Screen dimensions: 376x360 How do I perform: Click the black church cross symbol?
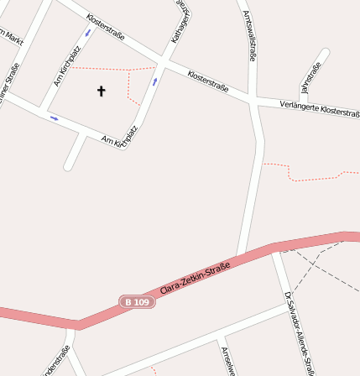pos(102,91)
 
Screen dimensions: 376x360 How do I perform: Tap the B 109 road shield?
pos(138,301)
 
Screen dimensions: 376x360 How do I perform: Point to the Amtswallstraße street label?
pos(249,36)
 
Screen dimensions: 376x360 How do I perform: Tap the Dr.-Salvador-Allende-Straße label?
pos(299,332)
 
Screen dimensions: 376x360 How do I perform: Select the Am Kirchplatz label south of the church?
pos(118,137)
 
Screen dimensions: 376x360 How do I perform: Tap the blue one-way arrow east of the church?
pos(154,82)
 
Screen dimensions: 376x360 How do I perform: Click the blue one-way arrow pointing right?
pos(55,118)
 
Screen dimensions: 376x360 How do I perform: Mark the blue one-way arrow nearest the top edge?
pos(87,34)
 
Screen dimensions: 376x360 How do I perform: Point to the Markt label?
pos(10,37)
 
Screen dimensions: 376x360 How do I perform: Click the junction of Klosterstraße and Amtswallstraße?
pos(253,99)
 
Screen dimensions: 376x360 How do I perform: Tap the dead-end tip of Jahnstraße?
pos(325,53)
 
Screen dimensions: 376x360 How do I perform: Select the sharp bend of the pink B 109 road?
pos(79,324)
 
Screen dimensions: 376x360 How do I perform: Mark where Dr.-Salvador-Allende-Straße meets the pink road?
pos(276,248)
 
